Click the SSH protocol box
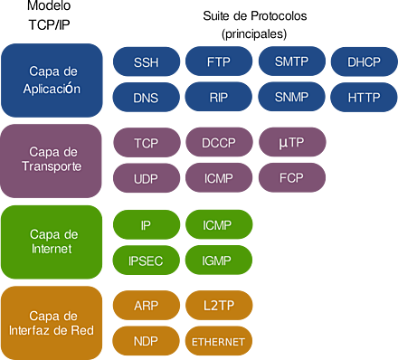click(x=145, y=62)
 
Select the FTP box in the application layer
click(x=218, y=62)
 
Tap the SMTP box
click(x=292, y=62)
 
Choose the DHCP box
click(x=364, y=62)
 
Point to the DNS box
click(x=145, y=97)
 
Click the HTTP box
click(x=364, y=97)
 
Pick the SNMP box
click(x=292, y=97)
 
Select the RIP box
click(x=218, y=97)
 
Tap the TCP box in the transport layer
click(x=146, y=143)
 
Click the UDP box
click(x=146, y=179)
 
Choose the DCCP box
click(x=218, y=143)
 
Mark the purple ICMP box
click(x=218, y=179)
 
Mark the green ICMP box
click(x=218, y=223)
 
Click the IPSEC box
click(x=146, y=260)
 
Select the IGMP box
click(x=218, y=260)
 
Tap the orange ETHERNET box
click(x=218, y=342)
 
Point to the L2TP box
click(x=218, y=306)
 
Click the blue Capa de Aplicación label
click(x=52, y=80)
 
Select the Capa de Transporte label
click(x=52, y=160)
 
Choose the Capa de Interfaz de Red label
click(x=52, y=322)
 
